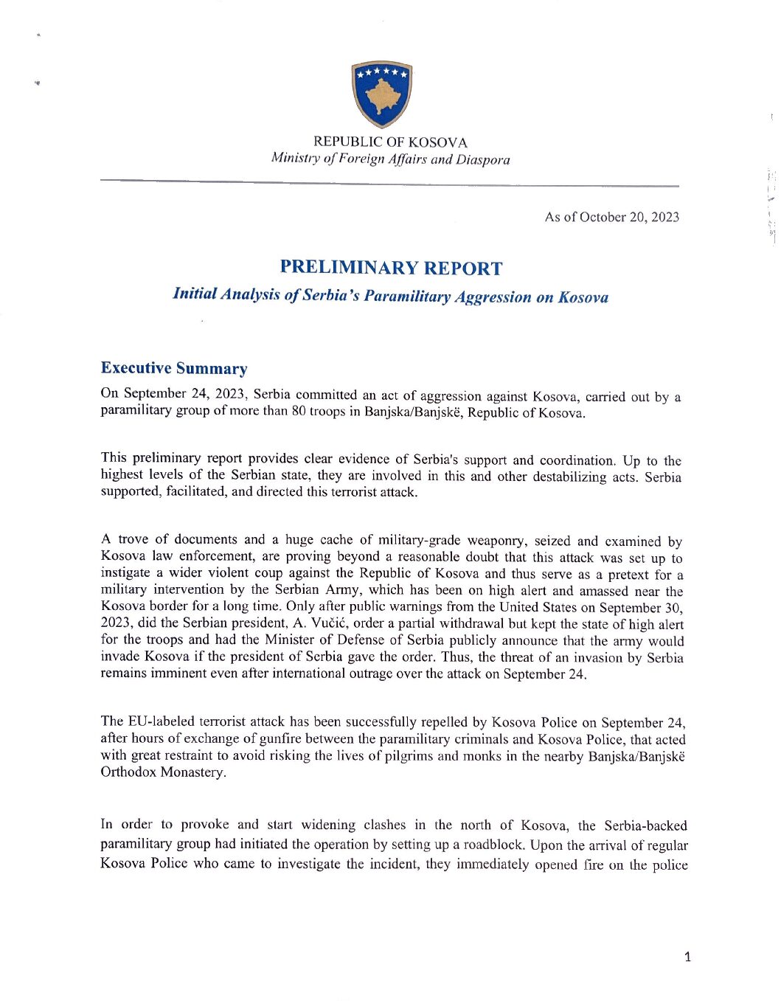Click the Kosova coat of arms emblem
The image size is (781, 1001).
tap(381, 94)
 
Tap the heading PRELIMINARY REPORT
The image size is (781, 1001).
tap(391, 268)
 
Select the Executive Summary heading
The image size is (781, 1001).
tap(174, 368)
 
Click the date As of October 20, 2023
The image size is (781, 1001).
tap(611, 217)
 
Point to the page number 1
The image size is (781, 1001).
tap(688, 957)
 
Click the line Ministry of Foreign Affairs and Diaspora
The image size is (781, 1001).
tap(390, 159)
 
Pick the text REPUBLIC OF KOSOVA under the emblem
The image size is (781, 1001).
tap(390, 142)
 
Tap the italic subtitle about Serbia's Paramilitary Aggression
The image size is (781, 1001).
tap(390, 296)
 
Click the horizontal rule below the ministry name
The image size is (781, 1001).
tap(390, 182)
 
